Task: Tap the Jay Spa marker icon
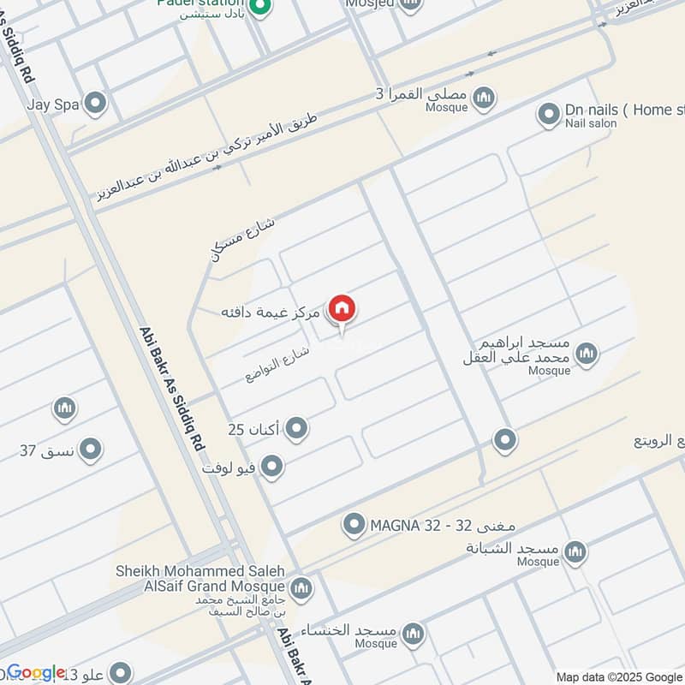(96, 104)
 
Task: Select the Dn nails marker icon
(548, 112)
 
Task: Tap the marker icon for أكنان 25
(296, 427)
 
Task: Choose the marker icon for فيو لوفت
(271, 467)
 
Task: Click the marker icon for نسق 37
(89, 449)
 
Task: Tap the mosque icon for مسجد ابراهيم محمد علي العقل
(586, 353)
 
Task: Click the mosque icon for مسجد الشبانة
(575, 551)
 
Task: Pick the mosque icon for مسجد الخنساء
(414, 633)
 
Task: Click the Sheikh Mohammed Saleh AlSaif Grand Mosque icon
(301, 588)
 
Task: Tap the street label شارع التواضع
(277, 363)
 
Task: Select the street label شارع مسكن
(243, 237)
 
